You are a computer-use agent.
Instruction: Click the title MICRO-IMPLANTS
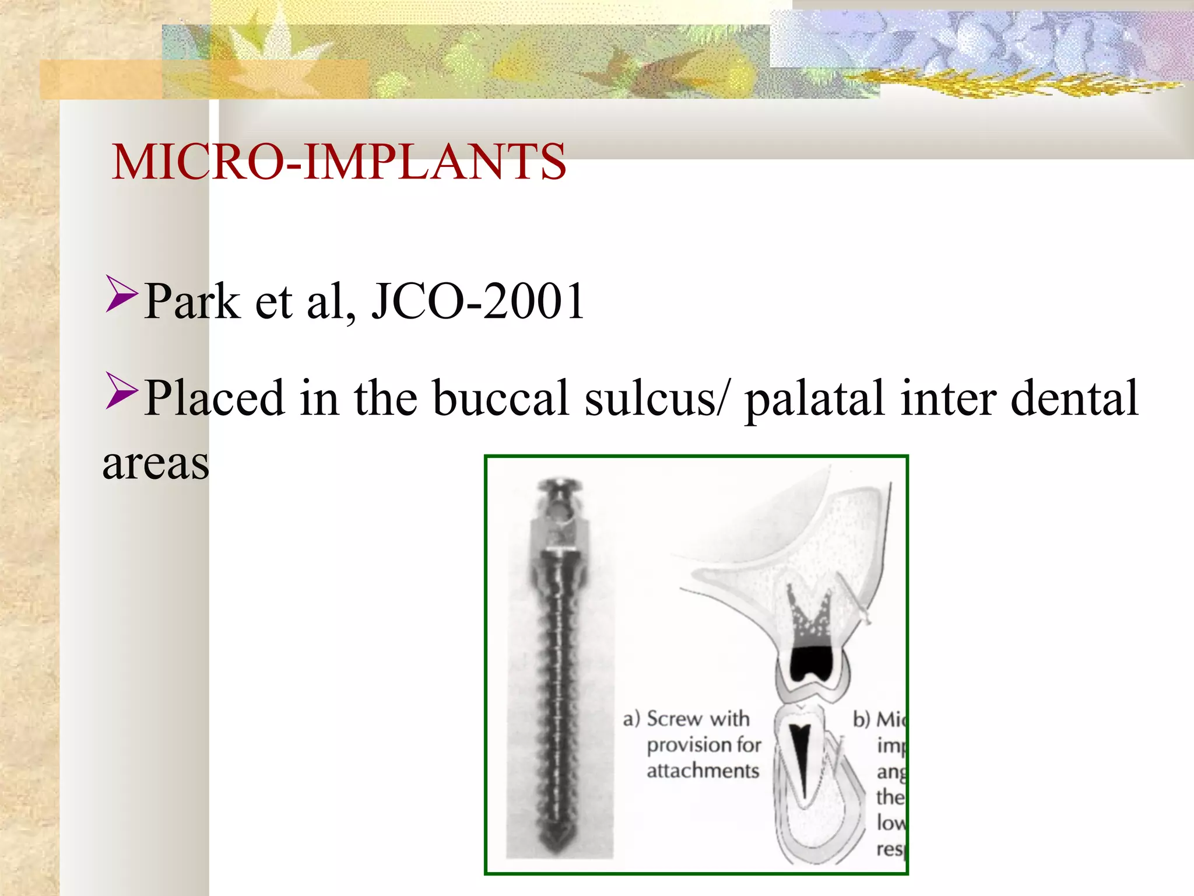(339, 162)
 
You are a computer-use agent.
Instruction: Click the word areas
(156, 464)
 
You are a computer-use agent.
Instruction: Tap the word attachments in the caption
(703, 771)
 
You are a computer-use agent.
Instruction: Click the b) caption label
(862, 719)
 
